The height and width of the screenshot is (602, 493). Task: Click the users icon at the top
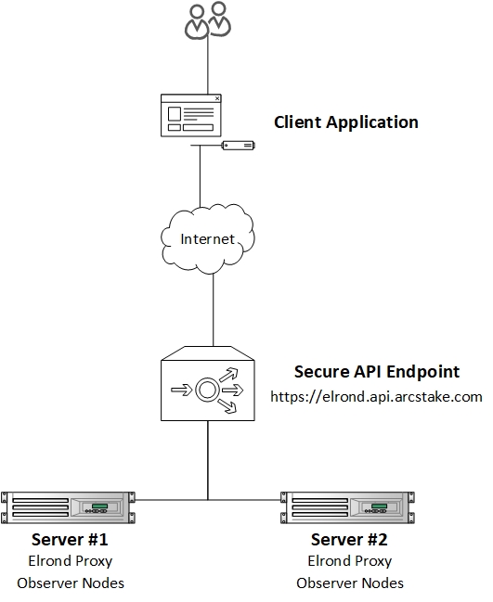tap(207, 20)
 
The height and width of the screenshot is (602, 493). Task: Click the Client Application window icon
tap(191, 115)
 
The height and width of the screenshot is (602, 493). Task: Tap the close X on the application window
tap(217, 98)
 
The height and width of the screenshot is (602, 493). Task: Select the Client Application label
tap(345, 122)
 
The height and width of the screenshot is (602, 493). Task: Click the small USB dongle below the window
tap(239, 145)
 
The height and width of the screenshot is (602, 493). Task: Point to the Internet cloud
tap(207, 238)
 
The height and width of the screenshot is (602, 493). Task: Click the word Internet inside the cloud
tap(207, 239)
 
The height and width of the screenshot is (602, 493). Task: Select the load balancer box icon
tap(207, 383)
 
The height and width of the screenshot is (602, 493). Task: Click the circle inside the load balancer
tap(207, 391)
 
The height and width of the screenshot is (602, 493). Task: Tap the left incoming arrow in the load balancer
tap(181, 391)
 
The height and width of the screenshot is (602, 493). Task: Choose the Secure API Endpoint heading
tap(377, 372)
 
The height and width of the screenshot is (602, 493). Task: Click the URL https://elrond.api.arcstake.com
tap(376, 397)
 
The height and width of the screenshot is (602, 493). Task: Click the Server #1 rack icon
tap(68, 507)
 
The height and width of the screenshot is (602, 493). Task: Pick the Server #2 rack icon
tap(348, 507)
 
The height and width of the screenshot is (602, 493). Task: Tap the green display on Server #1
tap(99, 506)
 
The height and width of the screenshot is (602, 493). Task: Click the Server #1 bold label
tap(70, 540)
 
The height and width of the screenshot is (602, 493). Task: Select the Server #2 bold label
tap(349, 540)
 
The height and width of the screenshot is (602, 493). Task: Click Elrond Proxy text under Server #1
tap(71, 561)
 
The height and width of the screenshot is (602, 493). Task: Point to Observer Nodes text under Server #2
tap(350, 583)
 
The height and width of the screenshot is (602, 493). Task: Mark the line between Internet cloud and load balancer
tap(214, 310)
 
